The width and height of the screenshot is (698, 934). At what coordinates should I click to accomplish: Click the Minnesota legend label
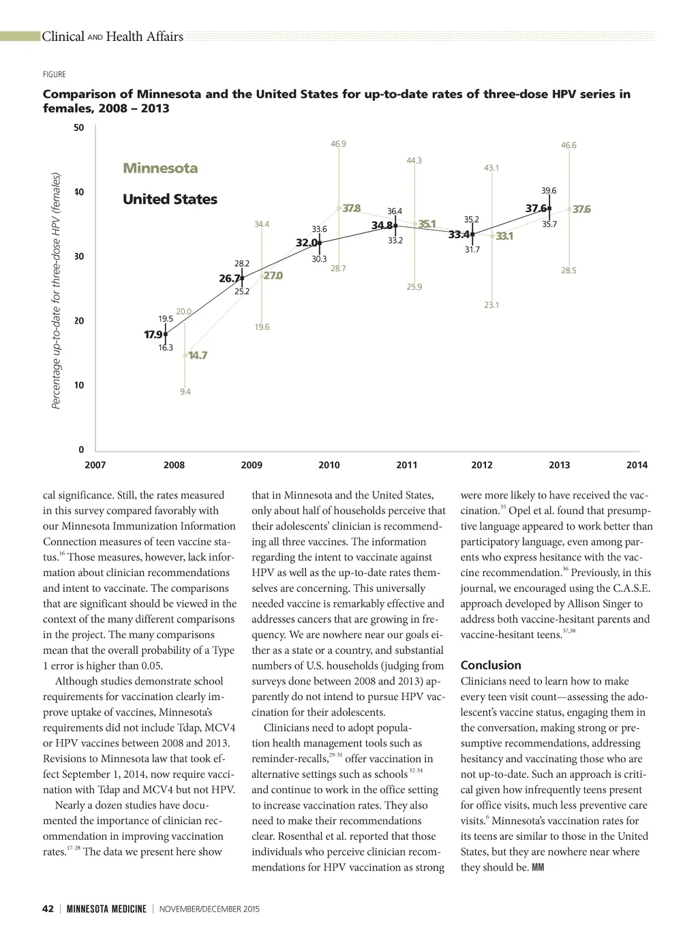(x=160, y=168)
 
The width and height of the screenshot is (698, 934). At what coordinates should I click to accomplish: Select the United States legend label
(x=170, y=200)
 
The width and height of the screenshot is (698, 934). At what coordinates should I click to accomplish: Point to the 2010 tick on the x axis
(x=329, y=465)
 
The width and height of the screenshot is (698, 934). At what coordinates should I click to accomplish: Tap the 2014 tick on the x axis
(x=637, y=465)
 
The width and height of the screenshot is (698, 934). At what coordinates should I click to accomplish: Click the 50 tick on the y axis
(x=79, y=127)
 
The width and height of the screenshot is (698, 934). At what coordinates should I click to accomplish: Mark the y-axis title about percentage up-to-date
(x=57, y=291)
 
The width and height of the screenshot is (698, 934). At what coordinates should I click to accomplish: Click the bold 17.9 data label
(x=153, y=335)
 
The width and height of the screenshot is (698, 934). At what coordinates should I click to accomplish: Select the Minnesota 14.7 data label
(x=198, y=355)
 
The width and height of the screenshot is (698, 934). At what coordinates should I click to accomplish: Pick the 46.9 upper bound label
(x=338, y=144)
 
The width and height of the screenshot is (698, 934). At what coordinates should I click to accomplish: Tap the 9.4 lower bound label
(x=185, y=391)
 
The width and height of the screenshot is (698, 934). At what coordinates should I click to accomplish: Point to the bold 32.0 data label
(x=306, y=243)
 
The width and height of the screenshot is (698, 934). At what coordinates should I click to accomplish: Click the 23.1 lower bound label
(x=491, y=305)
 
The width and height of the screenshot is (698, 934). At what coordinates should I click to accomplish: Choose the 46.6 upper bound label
(x=568, y=145)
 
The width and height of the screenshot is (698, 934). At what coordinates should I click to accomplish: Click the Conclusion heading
(x=491, y=665)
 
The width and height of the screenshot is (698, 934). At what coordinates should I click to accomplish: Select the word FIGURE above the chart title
(x=55, y=74)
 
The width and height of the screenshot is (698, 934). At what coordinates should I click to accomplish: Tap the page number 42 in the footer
(x=48, y=909)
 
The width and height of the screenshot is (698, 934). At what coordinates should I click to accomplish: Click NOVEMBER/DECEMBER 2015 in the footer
(x=209, y=909)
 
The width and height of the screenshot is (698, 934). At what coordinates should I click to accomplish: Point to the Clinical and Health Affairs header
(x=112, y=37)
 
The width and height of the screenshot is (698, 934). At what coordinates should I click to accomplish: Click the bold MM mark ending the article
(x=537, y=868)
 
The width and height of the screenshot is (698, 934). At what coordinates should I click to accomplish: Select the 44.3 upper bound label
(x=414, y=161)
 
